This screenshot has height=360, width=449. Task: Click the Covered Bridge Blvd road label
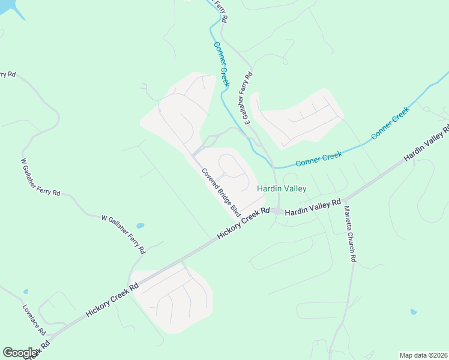[x=221, y=192]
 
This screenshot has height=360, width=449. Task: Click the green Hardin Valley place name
[x=282, y=188]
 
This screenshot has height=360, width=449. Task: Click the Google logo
[x=20, y=353]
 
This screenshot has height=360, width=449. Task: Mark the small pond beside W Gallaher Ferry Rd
[x=140, y=226]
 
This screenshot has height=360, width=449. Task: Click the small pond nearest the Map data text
[x=413, y=312]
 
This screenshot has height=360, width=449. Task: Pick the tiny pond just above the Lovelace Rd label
[x=25, y=292]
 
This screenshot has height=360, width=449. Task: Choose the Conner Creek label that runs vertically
[x=221, y=63]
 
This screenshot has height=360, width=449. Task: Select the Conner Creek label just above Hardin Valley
[x=319, y=159]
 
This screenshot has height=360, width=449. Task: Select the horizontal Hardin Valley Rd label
[x=312, y=208]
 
